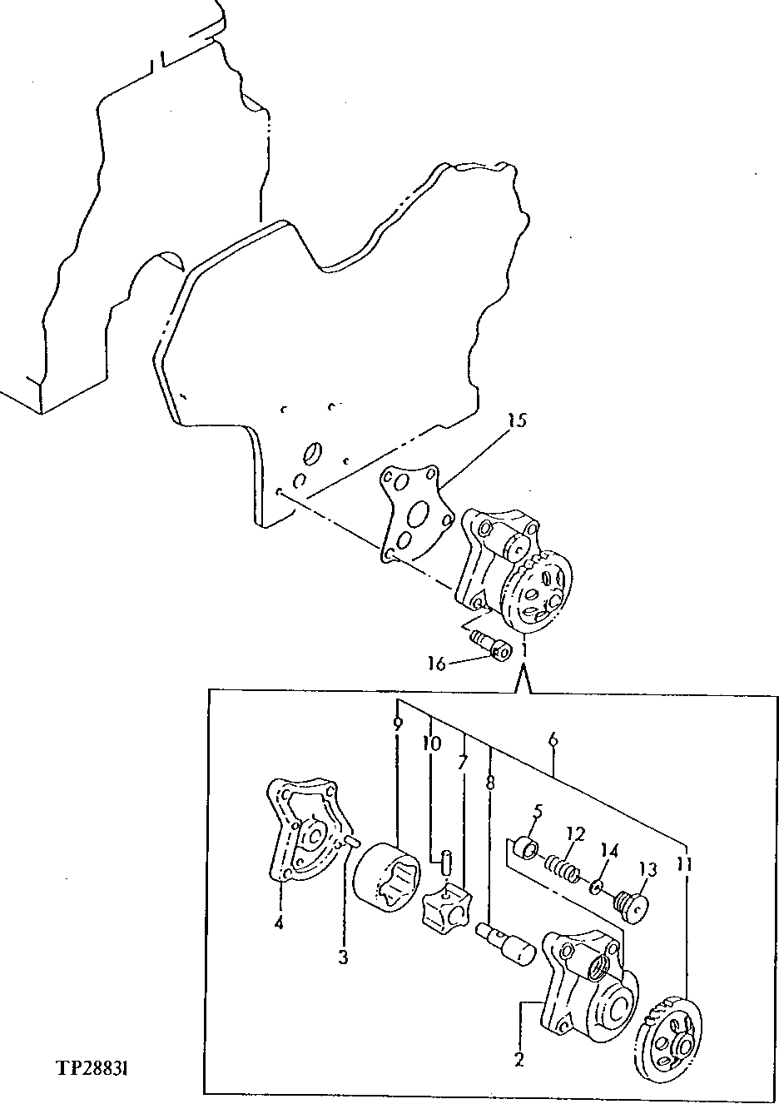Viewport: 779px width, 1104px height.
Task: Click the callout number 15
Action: click(516, 420)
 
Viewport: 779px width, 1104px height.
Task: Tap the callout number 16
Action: click(438, 663)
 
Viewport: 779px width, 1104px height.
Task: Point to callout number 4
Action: click(279, 922)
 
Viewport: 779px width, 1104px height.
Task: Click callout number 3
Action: click(343, 957)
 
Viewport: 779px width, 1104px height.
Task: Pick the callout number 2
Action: click(519, 1060)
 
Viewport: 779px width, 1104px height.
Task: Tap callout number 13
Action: click(648, 869)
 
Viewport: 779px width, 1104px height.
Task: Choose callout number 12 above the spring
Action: click(576, 833)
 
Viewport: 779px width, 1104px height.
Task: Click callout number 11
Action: click(684, 866)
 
